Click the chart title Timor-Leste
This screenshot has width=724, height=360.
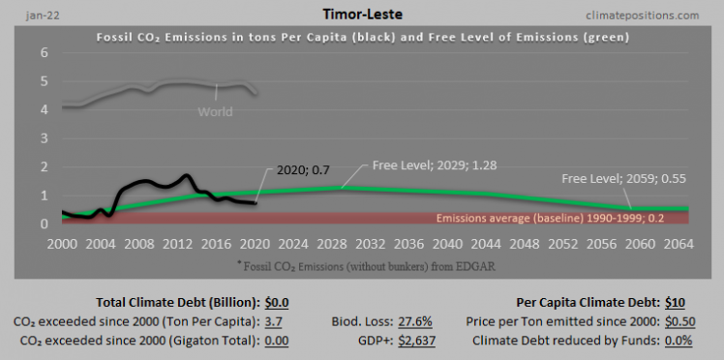pos(361,15)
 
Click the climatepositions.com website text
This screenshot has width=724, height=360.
pos(643,15)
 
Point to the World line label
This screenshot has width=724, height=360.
pos(215,111)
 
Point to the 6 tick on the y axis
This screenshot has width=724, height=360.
pos(45,52)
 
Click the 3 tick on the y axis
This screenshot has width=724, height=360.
pos(45,137)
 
